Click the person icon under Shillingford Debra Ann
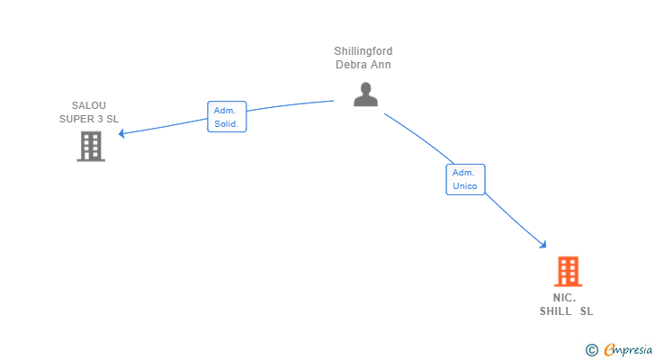pos(365,94)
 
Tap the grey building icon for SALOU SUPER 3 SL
pos(91,146)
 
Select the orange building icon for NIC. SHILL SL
pos(568,271)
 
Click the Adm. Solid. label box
pos(227,116)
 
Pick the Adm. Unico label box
pos(465,179)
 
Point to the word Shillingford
pos(363,51)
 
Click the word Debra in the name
pos(352,65)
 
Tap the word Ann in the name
pos(381,65)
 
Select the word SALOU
pos(89,105)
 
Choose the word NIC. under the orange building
pos(565,298)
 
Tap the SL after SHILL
pos(587,311)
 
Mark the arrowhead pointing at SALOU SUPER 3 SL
pos(121,134)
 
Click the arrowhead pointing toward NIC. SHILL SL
pos(543,244)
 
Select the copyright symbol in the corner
pos(591,349)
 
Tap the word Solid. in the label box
pos(227,123)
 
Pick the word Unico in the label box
pos(465,186)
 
